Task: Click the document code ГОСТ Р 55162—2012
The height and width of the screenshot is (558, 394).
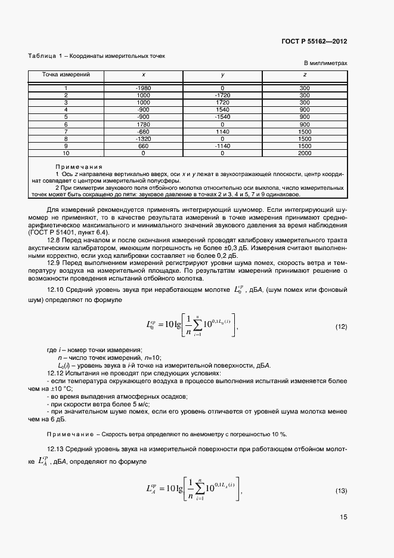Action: (x=314, y=41)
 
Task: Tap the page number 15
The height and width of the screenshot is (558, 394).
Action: (x=343, y=517)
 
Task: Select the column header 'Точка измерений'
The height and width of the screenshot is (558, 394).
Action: (x=66, y=75)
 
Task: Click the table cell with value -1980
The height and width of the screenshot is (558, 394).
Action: (x=143, y=88)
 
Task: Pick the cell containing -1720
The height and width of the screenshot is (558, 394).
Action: (x=222, y=95)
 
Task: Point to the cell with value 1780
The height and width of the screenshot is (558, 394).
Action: (x=143, y=124)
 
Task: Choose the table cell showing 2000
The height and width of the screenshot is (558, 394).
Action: (x=305, y=153)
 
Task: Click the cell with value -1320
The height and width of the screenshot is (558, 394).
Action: (x=143, y=138)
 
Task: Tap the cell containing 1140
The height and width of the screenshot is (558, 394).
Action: (x=222, y=131)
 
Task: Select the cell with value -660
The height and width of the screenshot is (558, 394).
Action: (x=143, y=131)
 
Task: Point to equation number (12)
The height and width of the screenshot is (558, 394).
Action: (x=342, y=326)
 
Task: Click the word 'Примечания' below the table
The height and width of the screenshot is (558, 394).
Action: (x=79, y=167)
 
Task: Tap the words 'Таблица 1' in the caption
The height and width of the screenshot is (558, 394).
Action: (x=45, y=56)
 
